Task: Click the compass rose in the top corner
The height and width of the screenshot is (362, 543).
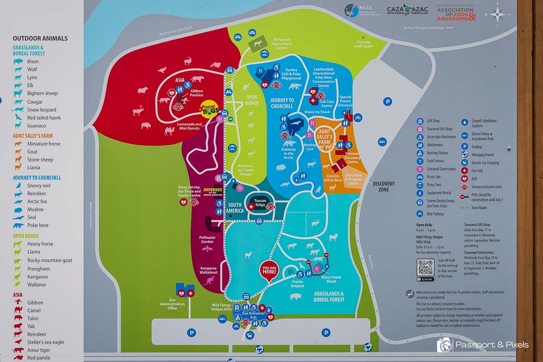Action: click(x=497, y=15)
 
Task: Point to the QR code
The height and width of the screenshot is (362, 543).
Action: click(x=425, y=268)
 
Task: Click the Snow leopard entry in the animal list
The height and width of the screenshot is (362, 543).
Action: click(x=42, y=110)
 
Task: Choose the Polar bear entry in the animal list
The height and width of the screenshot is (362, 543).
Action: click(x=38, y=225)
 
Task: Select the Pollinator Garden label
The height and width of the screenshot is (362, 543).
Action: click(x=207, y=240)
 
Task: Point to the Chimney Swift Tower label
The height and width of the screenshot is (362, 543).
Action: click(x=363, y=44)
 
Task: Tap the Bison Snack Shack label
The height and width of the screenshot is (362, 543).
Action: click(x=337, y=279)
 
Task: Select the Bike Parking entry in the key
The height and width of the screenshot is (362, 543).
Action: click(x=435, y=214)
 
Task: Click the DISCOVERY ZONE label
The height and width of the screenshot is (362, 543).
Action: click(x=384, y=186)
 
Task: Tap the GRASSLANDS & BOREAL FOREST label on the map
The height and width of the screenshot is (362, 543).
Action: click(x=329, y=296)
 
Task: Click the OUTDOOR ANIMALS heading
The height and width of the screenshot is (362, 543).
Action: click(x=40, y=38)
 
